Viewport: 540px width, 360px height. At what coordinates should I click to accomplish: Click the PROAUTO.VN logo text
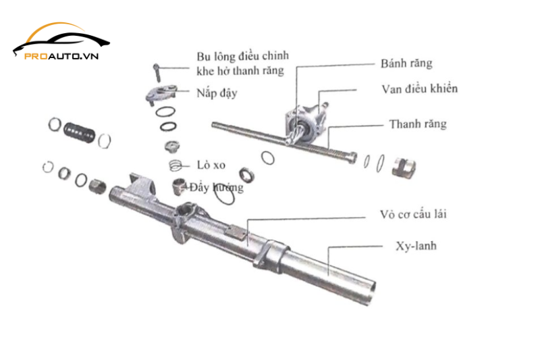pos(61,56)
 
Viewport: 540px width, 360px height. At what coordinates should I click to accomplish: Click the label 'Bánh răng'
pos(406,64)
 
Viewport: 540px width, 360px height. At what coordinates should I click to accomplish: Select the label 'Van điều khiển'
pos(420,89)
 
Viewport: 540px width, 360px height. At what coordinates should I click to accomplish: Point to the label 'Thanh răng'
pos(417,124)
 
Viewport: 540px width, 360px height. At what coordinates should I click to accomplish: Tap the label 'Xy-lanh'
pos(413,245)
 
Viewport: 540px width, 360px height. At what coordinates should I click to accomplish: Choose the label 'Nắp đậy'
pos(217,93)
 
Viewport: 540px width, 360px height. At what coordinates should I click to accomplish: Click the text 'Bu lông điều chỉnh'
pos(240,55)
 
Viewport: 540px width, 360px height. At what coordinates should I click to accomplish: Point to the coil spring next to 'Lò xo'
pos(177,165)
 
